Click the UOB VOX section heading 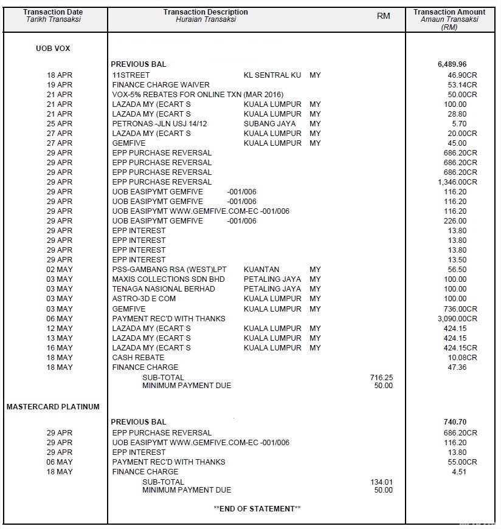click(x=53, y=49)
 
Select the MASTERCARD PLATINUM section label click(x=53, y=406)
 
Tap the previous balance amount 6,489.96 click(x=452, y=64)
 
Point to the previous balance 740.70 click(x=455, y=422)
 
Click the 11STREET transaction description click(x=131, y=75)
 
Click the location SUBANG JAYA click(x=269, y=124)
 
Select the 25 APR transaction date click(x=60, y=124)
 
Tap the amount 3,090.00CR click(x=457, y=319)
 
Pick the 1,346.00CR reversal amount click(x=457, y=182)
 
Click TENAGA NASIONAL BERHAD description click(x=164, y=289)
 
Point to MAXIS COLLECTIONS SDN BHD click(x=168, y=279)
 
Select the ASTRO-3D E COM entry click(x=144, y=299)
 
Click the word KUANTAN click(x=261, y=270)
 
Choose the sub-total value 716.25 click(x=381, y=378)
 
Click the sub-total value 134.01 click(x=381, y=482)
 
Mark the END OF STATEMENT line click(x=257, y=508)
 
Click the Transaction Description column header click(x=206, y=12)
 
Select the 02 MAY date click(x=60, y=270)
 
